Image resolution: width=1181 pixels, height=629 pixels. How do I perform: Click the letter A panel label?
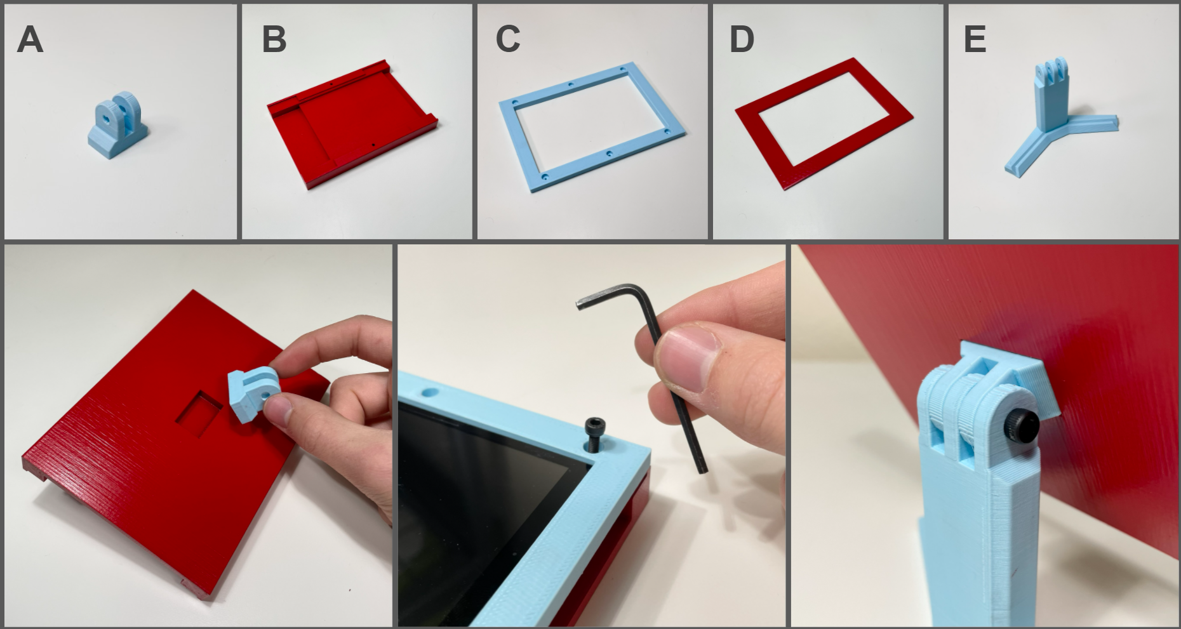click(30, 39)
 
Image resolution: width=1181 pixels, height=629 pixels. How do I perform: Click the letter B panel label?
click(274, 39)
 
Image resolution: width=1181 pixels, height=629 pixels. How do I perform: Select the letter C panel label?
click(508, 39)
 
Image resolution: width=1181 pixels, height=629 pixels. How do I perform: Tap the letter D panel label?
click(742, 39)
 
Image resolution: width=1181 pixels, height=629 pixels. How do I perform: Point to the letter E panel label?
click(975, 39)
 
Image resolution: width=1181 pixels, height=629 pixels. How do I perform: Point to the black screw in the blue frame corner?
click(594, 434)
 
